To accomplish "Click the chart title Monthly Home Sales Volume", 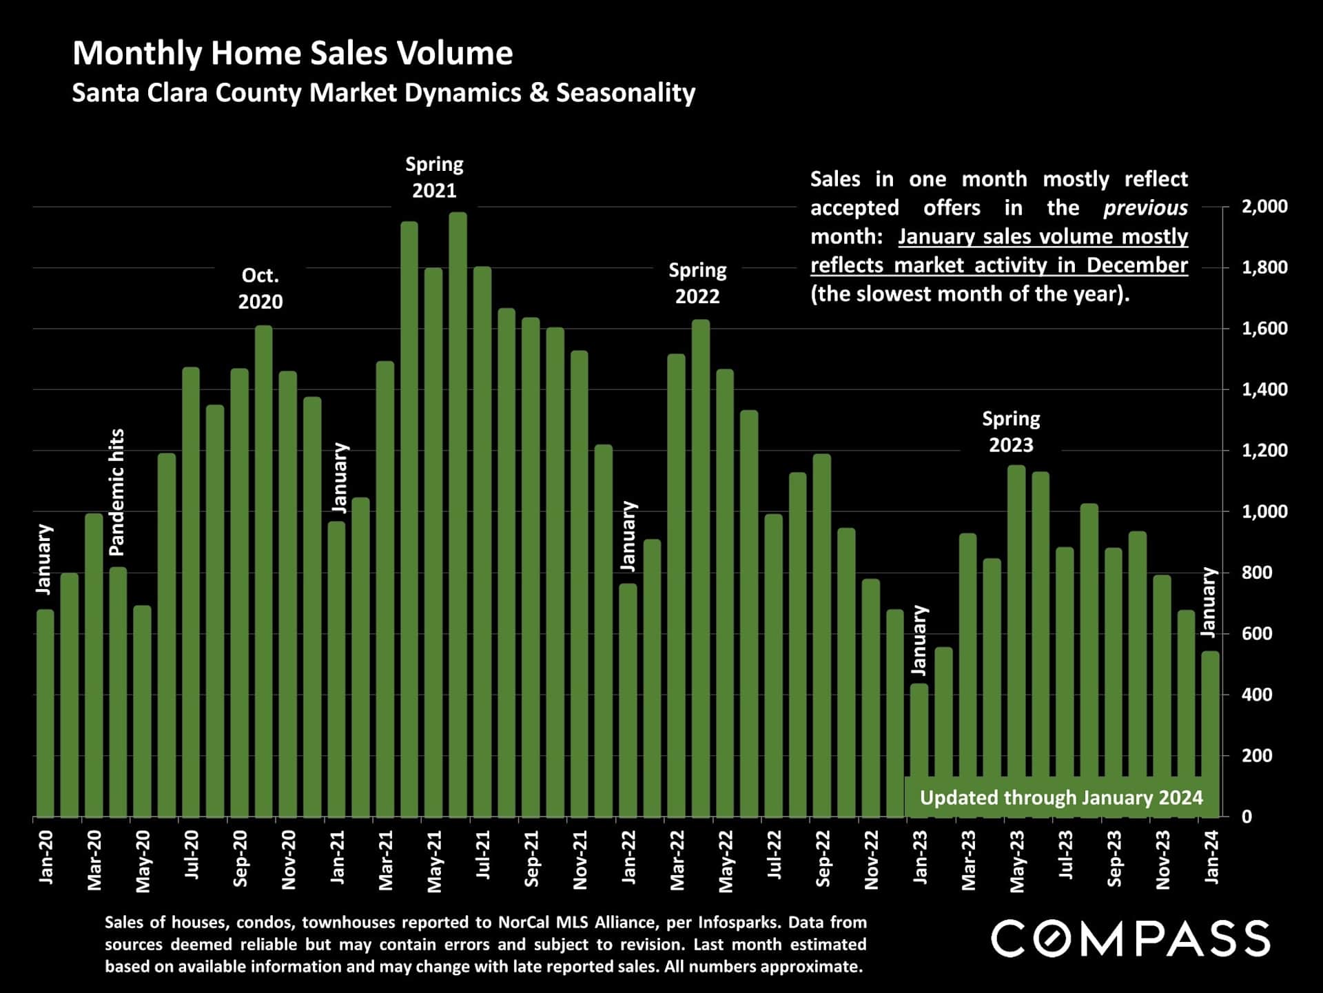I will click(292, 54).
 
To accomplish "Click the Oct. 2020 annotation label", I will click(260, 288).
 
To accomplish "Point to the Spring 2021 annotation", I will click(434, 177).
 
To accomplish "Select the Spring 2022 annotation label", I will click(697, 283).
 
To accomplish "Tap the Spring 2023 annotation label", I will click(1011, 432).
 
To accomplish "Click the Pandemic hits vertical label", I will click(117, 492).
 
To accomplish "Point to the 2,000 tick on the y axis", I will click(1264, 207).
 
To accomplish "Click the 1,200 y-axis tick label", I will click(1264, 451).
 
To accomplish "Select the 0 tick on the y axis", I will click(1247, 817).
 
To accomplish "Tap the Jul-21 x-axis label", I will click(483, 854).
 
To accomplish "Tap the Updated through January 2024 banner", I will click(1061, 798).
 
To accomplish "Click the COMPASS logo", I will click(1130, 939).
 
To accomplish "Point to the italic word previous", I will click(1145, 208).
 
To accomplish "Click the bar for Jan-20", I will click(45, 713).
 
